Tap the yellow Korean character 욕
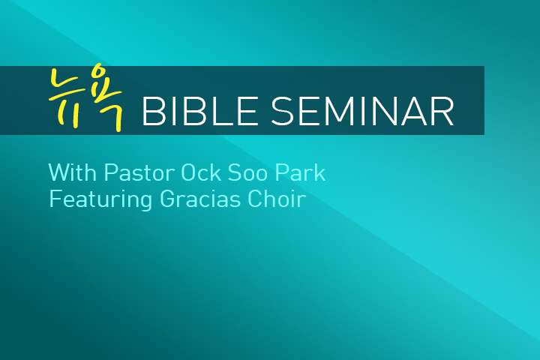[107, 97]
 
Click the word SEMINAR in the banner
[363, 111]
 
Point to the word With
[72, 172]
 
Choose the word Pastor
[139, 172]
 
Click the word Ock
[201, 172]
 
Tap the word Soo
[247, 172]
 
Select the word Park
[300, 172]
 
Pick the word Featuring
[100, 199]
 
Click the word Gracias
[200, 199]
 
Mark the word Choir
[277, 199]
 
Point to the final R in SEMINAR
[443, 111]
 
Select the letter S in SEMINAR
[283, 111]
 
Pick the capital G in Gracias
[167, 199]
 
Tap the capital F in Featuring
[55, 199]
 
